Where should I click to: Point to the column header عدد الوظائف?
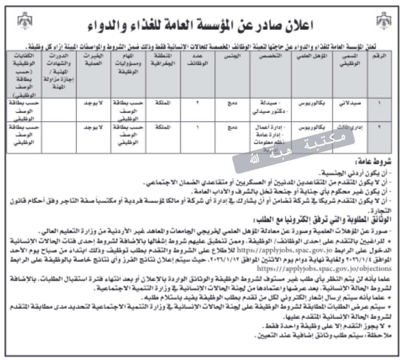(198, 59)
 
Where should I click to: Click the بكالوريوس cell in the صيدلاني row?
(311, 103)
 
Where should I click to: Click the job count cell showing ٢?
(198, 103)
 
